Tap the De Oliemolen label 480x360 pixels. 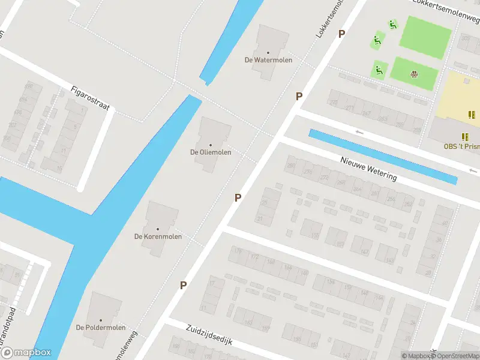tap(211, 152)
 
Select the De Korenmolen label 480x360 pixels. tap(158, 236)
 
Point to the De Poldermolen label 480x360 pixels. tap(101, 328)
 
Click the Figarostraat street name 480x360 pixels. tap(90, 98)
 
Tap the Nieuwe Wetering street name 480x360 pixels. tap(368, 168)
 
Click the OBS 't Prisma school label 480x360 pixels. tap(461, 146)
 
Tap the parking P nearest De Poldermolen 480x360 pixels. tap(183, 286)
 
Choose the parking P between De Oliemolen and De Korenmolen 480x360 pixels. tap(238, 197)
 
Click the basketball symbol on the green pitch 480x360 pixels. tap(413, 74)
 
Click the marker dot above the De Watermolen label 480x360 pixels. tap(268, 52)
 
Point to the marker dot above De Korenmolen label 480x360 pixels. tap(158, 229)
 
